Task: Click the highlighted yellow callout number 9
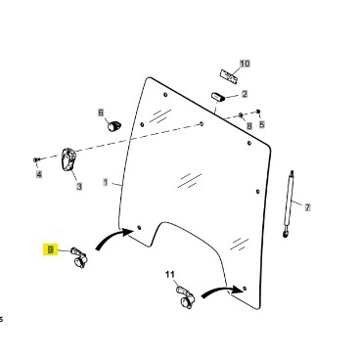pyautogui.click(x=51, y=249)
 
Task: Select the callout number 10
pyautogui.click(x=245, y=64)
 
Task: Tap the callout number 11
pyautogui.click(x=170, y=275)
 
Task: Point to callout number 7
pyautogui.click(x=307, y=206)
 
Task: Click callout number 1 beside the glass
pyautogui.click(x=106, y=182)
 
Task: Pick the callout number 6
pyautogui.click(x=101, y=112)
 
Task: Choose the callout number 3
pyautogui.click(x=79, y=187)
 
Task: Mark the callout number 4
pyautogui.click(x=39, y=174)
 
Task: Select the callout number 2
pyautogui.click(x=245, y=94)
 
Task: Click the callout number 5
pyautogui.click(x=262, y=124)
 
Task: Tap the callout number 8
pyautogui.click(x=249, y=126)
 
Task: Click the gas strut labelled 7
pyautogui.click(x=289, y=204)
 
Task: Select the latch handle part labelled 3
pyautogui.click(x=68, y=159)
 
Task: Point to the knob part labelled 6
pyautogui.click(x=114, y=125)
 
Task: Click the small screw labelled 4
pyautogui.click(x=36, y=159)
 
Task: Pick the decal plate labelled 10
pyautogui.click(x=229, y=77)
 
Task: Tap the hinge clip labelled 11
pyautogui.click(x=185, y=297)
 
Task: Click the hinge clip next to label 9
pyautogui.click(x=79, y=257)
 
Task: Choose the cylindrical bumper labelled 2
pyautogui.click(x=218, y=97)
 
